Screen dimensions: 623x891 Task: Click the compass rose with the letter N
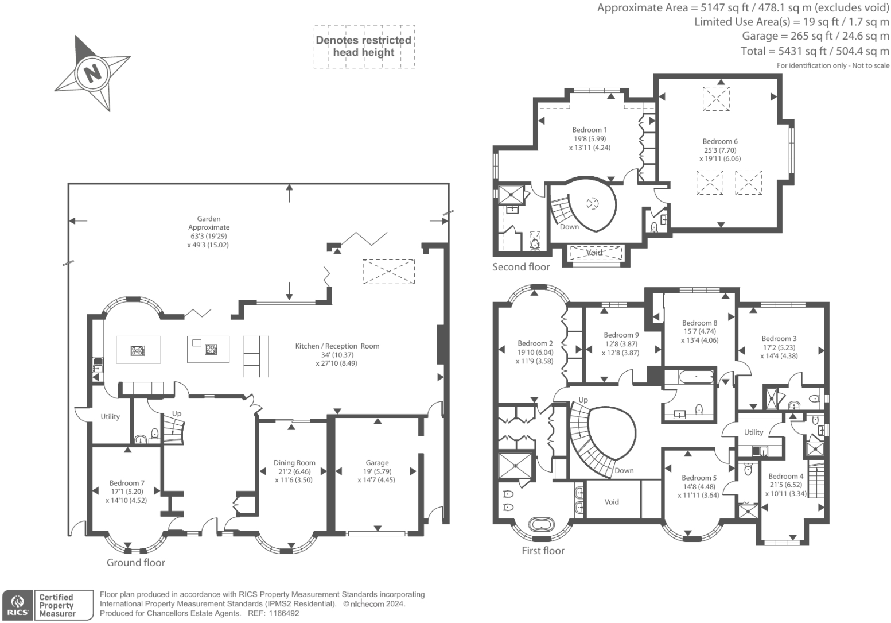91,73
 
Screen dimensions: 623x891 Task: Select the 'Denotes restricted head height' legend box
364,47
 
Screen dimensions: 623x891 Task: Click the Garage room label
377,463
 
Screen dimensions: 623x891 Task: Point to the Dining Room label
294,463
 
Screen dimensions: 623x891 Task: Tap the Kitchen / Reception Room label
337,346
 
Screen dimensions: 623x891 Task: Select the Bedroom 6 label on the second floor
720,141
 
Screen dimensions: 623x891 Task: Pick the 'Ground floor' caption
136,563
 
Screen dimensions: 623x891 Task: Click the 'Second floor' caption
521,267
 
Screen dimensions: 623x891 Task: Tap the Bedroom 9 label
621,335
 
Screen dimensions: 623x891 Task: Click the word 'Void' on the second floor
594,253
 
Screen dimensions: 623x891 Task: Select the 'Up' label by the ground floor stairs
177,413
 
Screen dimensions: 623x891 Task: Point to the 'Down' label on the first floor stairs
624,470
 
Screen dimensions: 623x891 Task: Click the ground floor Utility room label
110,417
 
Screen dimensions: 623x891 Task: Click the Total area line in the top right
815,51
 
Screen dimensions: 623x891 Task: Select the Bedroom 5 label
699,478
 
